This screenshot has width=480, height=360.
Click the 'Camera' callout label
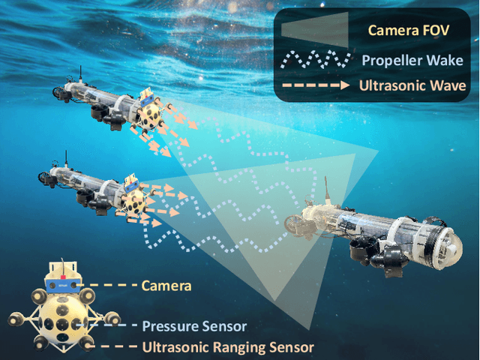pos(166,286)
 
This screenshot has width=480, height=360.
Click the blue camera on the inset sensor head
pos(63,283)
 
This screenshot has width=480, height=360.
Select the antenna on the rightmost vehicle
pos(328,189)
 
